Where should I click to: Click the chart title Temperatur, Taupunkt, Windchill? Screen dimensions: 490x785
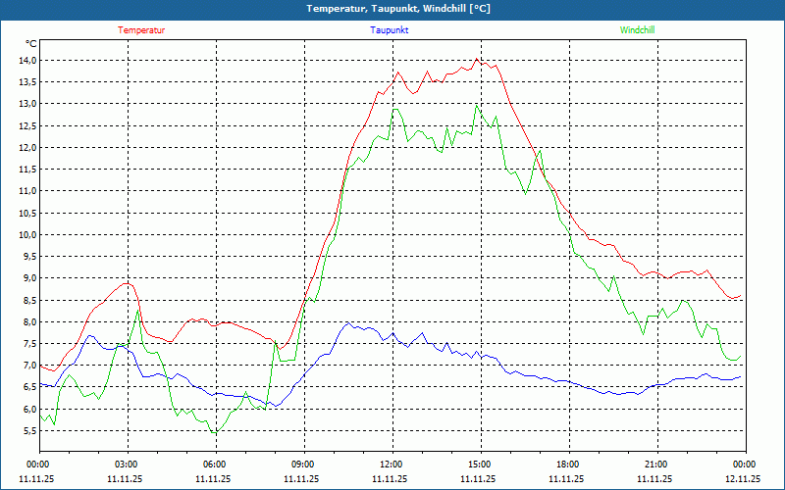pyautogui.click(x=392, y=9)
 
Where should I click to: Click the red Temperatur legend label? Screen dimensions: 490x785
pyautogui.click(x=141, y=30)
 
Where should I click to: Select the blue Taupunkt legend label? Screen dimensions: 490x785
pyautogui.click(x=390, y=30)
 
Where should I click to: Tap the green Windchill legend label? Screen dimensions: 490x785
pyautogui.click(x=638, y=30)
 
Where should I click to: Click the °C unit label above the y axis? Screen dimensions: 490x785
pyautogui.click(x=31, y=44)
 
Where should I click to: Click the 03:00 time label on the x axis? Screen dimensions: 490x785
pyautogui.click(x=127, y=464)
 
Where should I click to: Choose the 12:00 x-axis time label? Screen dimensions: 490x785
pyautogui.click(x=392, y=464)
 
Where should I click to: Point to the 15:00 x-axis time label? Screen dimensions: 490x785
pyautogui.click(x=480, y=464)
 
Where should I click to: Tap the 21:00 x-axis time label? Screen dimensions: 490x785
pyautogui.click(x=656, y=464)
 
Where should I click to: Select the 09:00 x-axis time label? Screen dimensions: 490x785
pyautogui.click(x=303, y=464)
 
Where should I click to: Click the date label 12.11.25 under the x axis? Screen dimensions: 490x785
pyautogui.click(x=743, y=478)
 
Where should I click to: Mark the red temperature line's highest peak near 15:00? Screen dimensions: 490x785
pyautogui.click(x=477, y=59)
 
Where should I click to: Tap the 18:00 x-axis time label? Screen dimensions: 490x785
pyautogui.click(x=568, y=464)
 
